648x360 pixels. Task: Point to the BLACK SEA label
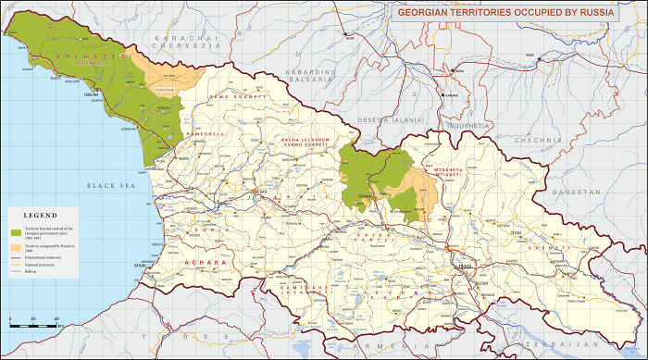click(111, 186)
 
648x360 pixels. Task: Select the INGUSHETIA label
click(466, 124)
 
